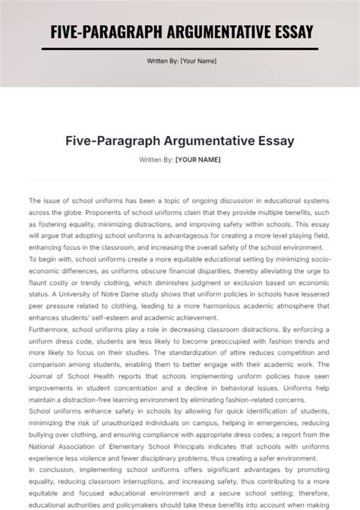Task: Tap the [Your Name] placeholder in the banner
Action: (198, 62)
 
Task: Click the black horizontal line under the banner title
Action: (180, 49)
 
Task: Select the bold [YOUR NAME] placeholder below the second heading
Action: (197, 159)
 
